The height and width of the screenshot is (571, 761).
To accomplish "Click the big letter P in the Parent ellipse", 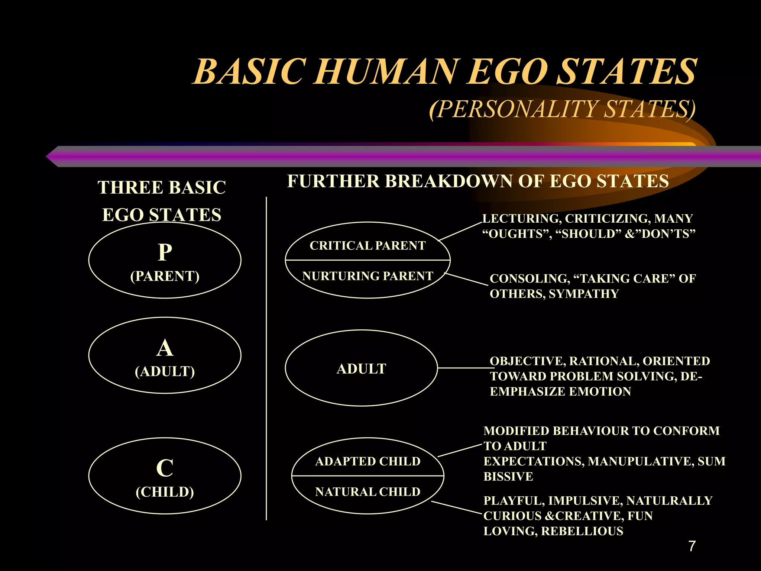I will coord(165,252).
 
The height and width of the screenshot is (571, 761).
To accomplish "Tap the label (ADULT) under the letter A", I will coord(165,371).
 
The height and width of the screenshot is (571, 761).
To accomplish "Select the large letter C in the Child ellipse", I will coord(165,468).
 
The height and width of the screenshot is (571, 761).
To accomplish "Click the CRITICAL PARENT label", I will coord(367,246).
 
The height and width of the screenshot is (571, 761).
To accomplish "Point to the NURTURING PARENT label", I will coord(367,276).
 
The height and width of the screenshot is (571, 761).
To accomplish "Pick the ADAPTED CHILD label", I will coord(367,461).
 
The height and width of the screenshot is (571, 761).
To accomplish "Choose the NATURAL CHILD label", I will coord(367,492).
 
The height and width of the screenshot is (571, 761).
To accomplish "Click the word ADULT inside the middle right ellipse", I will coord(361,369).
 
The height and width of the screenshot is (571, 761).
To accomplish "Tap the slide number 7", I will coord(692,546).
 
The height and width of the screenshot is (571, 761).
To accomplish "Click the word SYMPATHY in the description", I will coord(583,294).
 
